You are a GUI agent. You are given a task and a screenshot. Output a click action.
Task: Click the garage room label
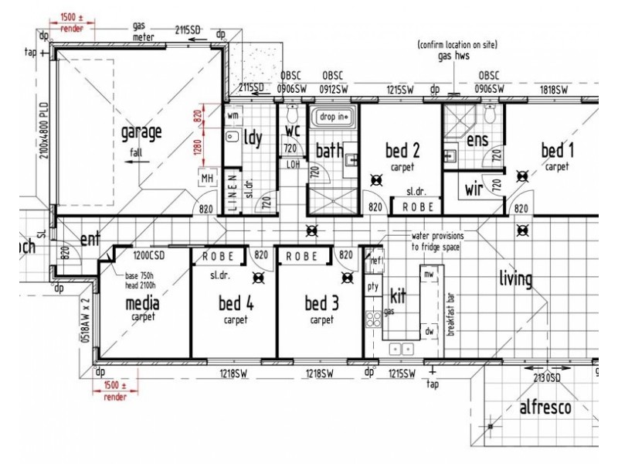141,132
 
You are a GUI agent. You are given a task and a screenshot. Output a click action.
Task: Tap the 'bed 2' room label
402,150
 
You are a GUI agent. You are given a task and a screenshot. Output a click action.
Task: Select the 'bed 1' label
557,149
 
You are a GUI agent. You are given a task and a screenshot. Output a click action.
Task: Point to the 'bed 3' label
321,303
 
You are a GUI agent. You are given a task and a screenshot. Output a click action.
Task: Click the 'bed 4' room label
236,303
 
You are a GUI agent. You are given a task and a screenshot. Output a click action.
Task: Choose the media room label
142,303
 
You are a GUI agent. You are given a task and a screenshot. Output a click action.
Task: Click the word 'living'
515,278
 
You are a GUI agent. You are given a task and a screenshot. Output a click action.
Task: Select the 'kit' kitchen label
397,296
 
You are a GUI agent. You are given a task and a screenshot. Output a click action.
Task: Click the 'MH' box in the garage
207,179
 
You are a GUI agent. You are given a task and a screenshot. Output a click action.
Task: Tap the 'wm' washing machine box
233,115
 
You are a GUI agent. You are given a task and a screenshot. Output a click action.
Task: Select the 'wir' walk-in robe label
474,189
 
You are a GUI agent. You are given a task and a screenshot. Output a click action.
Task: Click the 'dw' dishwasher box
429,331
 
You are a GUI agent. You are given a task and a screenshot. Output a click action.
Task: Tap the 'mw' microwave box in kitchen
429,274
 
